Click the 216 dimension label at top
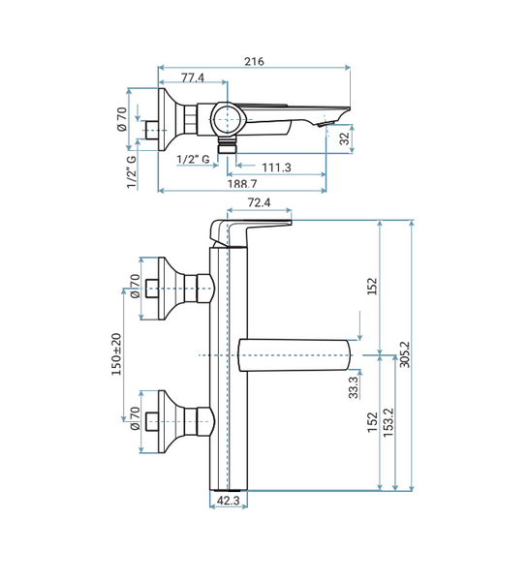254,61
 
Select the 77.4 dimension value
193,77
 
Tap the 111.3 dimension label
277,168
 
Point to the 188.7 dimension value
242,184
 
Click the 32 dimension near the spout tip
345,138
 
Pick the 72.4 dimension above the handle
260,202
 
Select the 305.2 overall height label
405,354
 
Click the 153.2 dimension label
388,423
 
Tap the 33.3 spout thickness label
354,387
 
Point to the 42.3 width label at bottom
228,501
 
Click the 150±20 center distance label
116,353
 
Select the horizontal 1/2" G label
193,160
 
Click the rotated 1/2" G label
131,172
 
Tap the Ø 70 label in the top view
122,119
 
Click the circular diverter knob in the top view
227,119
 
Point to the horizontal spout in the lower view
295,355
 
